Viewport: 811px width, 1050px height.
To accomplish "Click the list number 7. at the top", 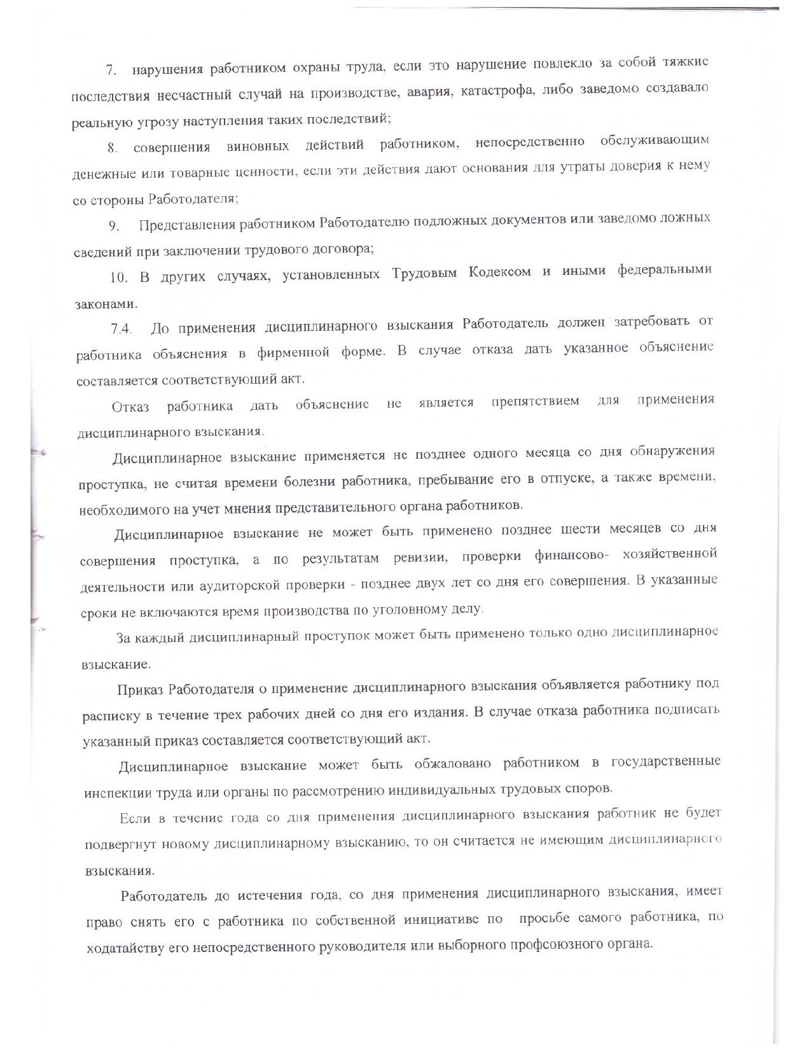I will pos(111,71).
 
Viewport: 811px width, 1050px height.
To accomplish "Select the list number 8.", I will pos(113,148).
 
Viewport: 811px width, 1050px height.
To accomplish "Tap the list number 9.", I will pos(114,226).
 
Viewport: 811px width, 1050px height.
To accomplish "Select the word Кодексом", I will pos(499,273).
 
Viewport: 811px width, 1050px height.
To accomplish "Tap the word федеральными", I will pos(664,270).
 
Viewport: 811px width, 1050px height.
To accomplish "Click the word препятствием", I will pos(535,402).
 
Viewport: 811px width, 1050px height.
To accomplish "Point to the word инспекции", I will pos(113,794).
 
